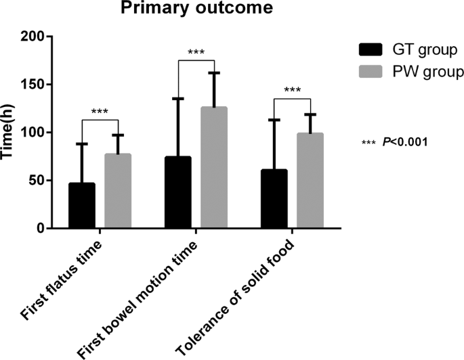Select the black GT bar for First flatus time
[x=81, y=206]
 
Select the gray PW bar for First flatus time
[x=117, y=192]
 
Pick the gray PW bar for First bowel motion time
[x=213, y=168]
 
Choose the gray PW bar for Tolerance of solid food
[x=310, y=181]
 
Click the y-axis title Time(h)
[x=9, y=132]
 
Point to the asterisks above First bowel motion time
[x=196, y=53]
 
